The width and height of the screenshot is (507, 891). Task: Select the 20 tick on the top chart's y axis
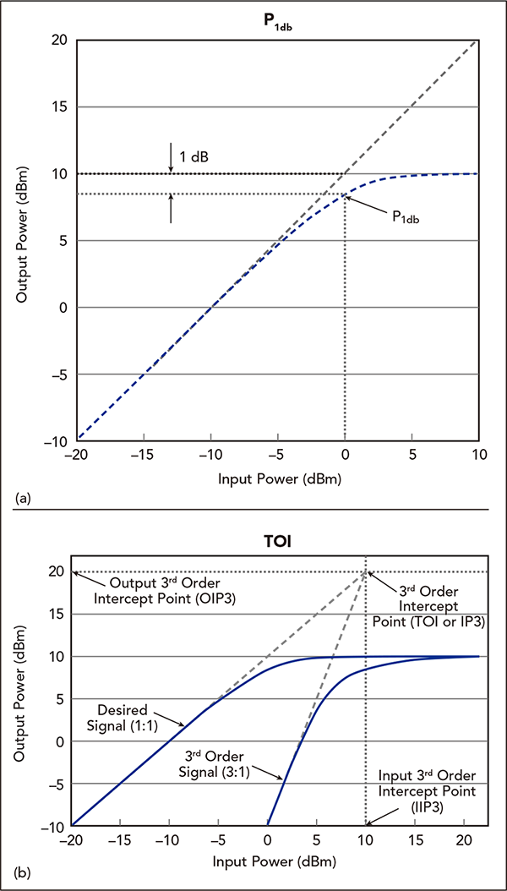point(59,40)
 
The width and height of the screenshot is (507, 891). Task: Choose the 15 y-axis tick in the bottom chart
point(58,614)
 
